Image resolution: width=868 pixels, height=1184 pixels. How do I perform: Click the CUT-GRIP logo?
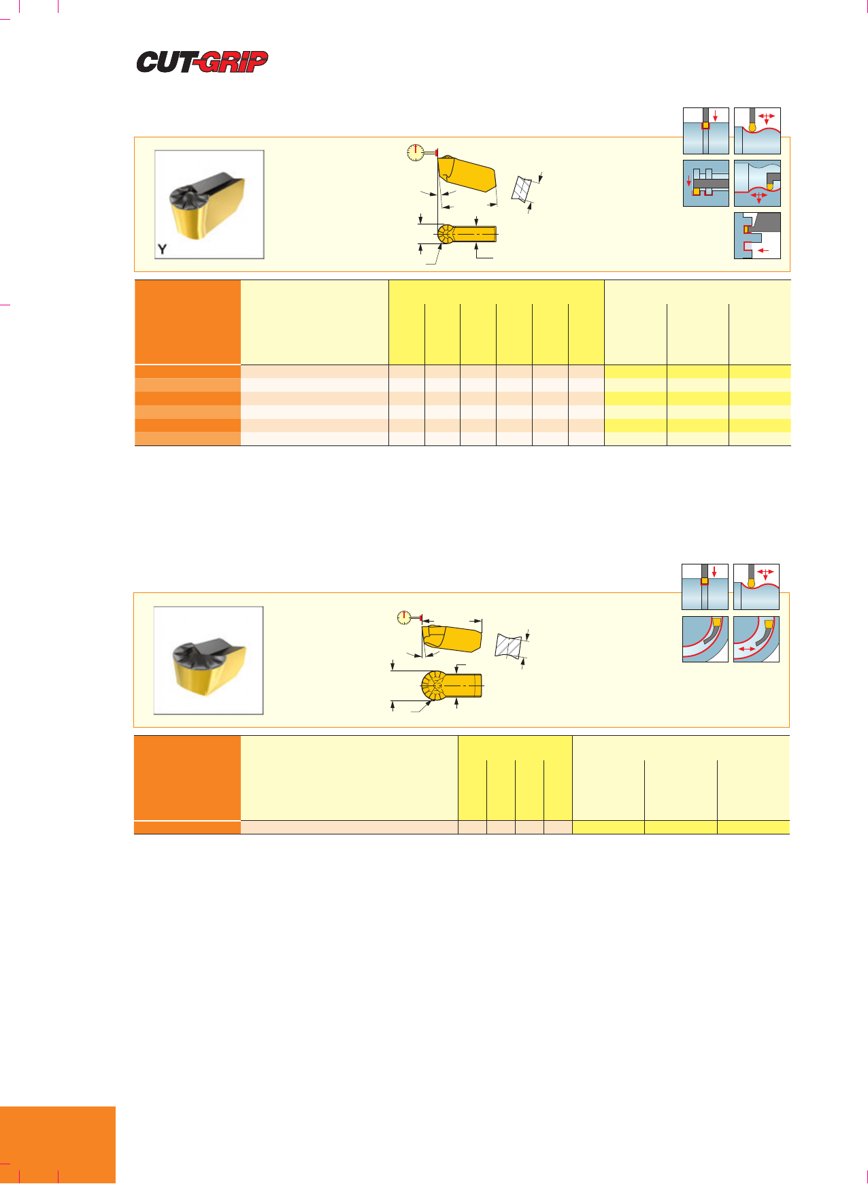pyautogui.click(x=202, y=62)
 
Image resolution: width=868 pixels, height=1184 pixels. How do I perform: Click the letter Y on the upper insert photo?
pyautogui.click(x=162, y=249)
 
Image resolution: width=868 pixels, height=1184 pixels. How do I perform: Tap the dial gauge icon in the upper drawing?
pyautogui.click(x=414, y=152)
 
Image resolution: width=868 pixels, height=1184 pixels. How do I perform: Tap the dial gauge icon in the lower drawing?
pyautogui.click(x=405, y=618)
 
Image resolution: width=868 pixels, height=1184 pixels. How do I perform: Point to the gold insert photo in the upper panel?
pyautogui.click(x=210, y=205)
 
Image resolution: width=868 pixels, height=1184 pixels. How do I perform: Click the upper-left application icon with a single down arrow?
pyautogui.click(x=706, y=131)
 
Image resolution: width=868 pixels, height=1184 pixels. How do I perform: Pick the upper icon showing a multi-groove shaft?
pyautogui.click(x=706, y=183)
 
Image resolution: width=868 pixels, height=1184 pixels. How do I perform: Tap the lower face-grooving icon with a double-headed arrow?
pyautogui.click(x=756, y=639)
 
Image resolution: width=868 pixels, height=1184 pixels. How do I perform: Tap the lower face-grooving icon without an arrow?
pyautogui.click(x=705, y=639)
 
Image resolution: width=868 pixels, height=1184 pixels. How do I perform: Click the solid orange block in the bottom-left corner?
pyautogui.click(x=58, y=1145)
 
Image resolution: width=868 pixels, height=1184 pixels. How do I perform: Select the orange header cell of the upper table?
pyautogui.click(x=188, y=322)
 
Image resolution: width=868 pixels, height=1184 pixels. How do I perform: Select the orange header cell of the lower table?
pyautogui.click(x=187, y=778)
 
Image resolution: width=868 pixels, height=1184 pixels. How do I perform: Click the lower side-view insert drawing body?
pyautogui.click(x=452, y=638)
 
